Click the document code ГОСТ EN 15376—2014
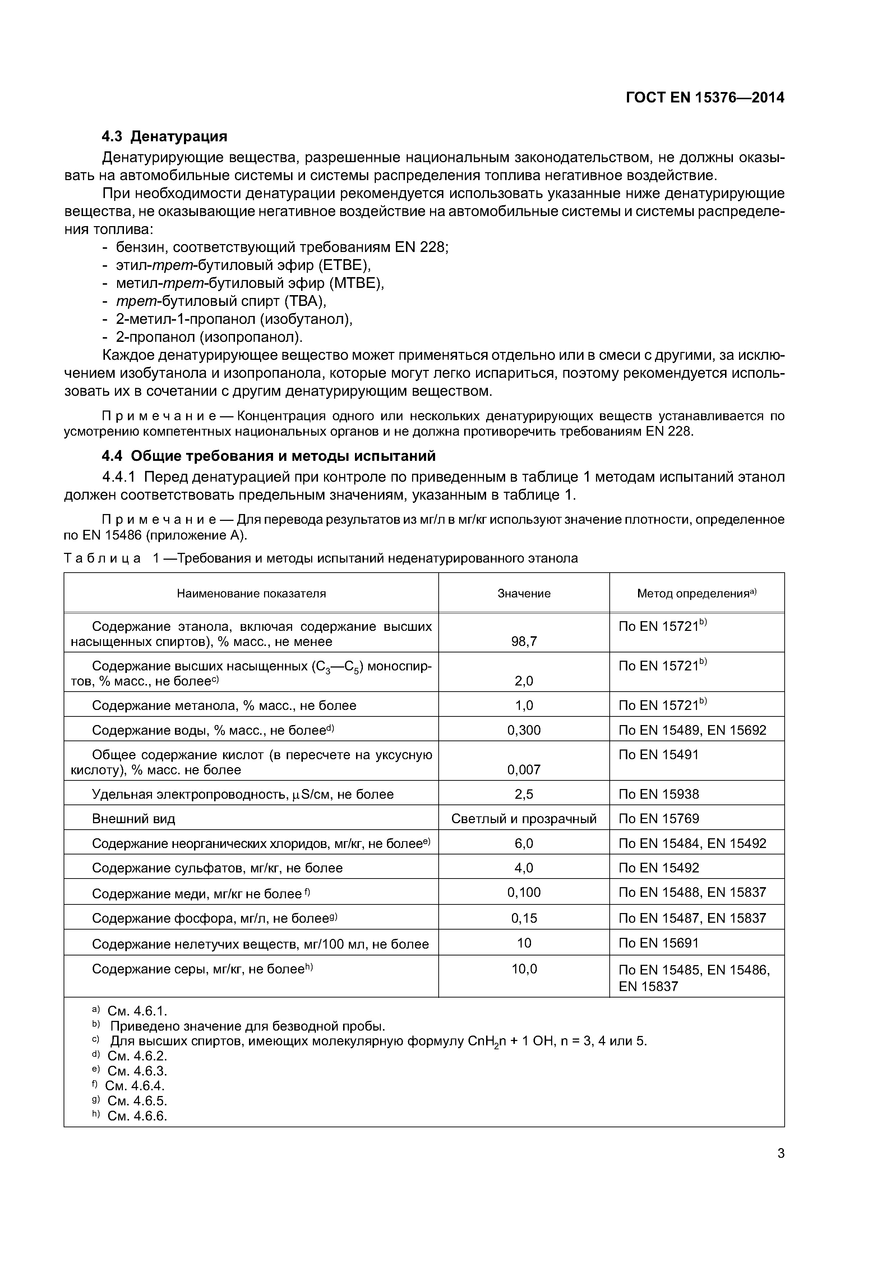(x=705, y=98)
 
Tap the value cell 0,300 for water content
(x=524, y=730)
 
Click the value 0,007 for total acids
(x=524, y=770)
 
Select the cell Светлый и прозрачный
(x=524, y=819)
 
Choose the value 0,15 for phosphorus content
(x=524, y=918)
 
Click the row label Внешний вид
(x=133, y=819)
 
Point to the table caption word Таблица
(x=102, y=559)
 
